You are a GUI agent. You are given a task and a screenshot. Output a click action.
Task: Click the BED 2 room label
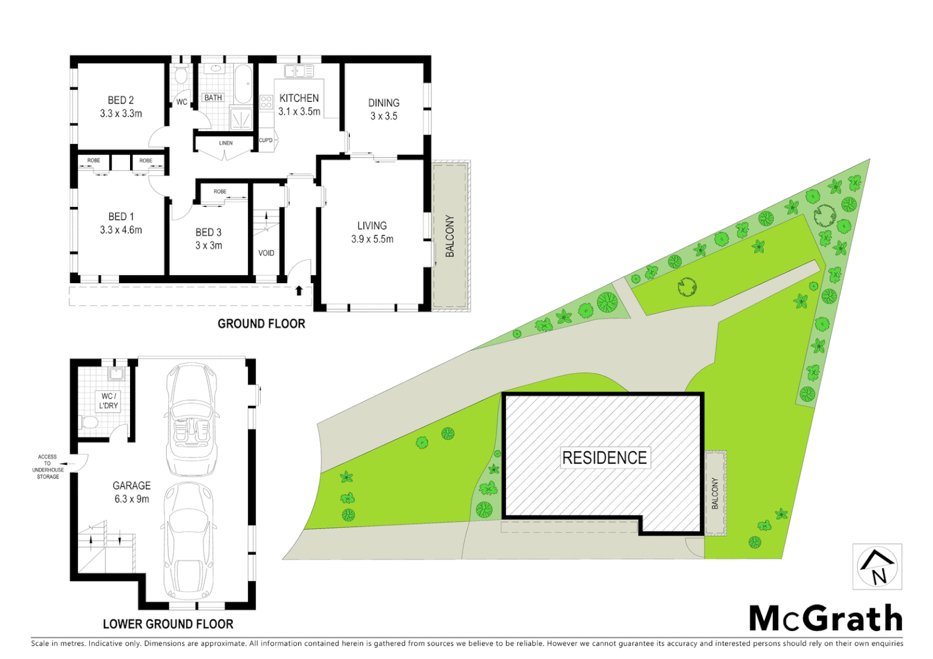click(121, 101)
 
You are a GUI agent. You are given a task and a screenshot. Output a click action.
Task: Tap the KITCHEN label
click(299, 98)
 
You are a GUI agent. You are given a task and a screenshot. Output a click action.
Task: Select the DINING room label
click(383, 103)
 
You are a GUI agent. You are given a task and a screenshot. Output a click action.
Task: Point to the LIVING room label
click(372, 226)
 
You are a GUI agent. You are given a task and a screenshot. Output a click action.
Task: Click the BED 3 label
click(208, 232)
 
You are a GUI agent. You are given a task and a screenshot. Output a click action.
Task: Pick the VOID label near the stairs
click(266, 253)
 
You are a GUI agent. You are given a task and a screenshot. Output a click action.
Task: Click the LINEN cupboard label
click(226, 143)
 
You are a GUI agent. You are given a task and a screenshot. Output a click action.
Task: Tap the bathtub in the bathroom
click(243, 84)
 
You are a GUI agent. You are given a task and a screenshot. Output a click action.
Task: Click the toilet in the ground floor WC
click(181, 76)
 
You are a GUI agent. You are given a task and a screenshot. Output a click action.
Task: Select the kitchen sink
click(299, 71)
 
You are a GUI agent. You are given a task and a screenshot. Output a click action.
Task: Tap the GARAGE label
click(131, 486)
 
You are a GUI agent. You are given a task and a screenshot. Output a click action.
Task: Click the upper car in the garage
click(191, 420)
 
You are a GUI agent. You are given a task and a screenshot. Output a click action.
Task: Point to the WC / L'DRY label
click(109, 401)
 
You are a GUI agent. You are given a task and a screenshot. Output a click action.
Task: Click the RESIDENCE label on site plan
click(604, 458)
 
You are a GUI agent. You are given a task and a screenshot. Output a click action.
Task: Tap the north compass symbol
click(877, 567)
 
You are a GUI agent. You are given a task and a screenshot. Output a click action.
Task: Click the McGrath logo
click(826, 619)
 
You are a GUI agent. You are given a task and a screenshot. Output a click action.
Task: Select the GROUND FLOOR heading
click(261, 324)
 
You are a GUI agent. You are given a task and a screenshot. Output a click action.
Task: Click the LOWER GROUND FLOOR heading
click(168, 624)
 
